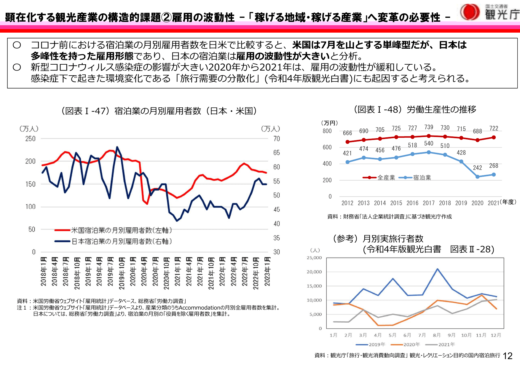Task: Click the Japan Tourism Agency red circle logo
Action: [470, 12]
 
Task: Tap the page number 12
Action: [508, 356]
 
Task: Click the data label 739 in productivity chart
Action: [429, 127]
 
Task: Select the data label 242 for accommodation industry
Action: [477, 168]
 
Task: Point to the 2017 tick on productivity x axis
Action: [429, 203]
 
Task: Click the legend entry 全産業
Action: [386, 178]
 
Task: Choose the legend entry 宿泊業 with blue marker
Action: [422, 178]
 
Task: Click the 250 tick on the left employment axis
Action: [30, 139]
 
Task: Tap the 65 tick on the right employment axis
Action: [277, 153]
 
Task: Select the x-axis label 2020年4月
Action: [144, 271]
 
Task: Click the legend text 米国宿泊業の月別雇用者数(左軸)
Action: [122, 230]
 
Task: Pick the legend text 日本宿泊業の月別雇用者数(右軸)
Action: [122, 241]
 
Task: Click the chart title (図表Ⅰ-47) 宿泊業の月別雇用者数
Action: [159, 111]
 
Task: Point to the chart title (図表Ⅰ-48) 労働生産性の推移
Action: [415, 109]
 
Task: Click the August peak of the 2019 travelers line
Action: [437, 269]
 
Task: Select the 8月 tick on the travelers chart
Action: [437, 335]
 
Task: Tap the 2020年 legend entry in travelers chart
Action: [411, 344]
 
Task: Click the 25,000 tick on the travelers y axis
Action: [314, 258]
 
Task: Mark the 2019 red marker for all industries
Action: [461, 138]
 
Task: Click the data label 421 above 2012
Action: [347, 153]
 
